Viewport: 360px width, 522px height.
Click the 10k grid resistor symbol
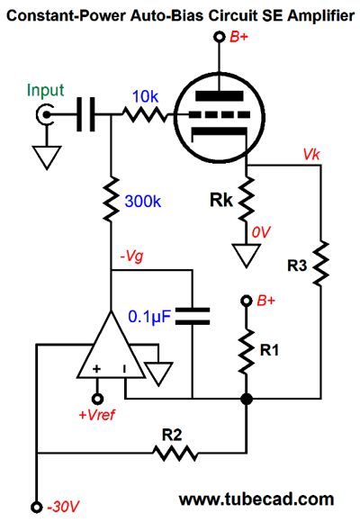tap(145, 114)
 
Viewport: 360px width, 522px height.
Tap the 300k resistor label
tap(142, 201)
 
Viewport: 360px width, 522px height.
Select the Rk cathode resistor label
tap(220, 200)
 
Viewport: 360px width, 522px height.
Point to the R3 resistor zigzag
tap(320, 263)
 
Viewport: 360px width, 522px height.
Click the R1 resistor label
tap(269, 350)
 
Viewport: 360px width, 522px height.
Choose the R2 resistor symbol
tap(175, 453)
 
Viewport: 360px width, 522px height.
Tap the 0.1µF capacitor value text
tap(149, 317)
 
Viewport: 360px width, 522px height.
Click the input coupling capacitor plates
tap(85, 114)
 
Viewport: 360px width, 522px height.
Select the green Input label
tap(45, 90)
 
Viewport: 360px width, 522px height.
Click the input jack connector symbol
tap(45, 114)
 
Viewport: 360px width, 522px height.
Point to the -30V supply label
tap(63, 507)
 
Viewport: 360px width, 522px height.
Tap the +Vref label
tap(96, 415)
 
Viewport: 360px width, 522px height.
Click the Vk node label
tap(311, 154)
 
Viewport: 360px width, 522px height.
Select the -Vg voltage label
tap(132, 256)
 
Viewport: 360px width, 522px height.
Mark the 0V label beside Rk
tap(261, 232)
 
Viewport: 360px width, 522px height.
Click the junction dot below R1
tap(247, 399)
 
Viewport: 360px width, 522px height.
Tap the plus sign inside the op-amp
tap(96, 368)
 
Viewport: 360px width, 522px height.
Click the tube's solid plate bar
tap(220, 96)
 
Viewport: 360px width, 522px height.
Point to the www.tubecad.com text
tap(256, 499)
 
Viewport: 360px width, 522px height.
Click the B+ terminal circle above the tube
tap(219, 37)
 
